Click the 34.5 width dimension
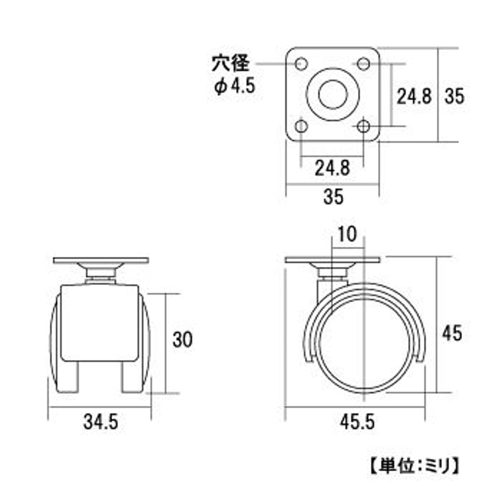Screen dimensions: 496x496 coord(101,422)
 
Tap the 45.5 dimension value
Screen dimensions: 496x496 coord(357,422)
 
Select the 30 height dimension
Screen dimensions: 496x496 coord(183,340)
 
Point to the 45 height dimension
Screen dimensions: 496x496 coord(452,333)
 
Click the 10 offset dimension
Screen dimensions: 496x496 coord(347,235)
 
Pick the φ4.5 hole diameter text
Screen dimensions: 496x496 coord(235,86)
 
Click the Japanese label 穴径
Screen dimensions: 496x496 coord(231,63)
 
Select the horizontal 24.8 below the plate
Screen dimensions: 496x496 coord(332,168)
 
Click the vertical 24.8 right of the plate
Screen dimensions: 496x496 coord(414,96)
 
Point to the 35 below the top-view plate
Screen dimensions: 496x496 coord(333,196)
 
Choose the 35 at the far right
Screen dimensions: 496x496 coord(454,96)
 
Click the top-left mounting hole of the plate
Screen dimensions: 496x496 coord(301,64)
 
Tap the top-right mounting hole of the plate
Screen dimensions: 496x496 coord(363,64)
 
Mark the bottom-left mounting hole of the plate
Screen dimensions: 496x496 coord(301,126)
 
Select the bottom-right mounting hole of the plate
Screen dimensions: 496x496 coord(363,126)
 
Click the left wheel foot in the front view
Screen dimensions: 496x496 coord(67,377)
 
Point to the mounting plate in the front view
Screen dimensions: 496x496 coord(101,260)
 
